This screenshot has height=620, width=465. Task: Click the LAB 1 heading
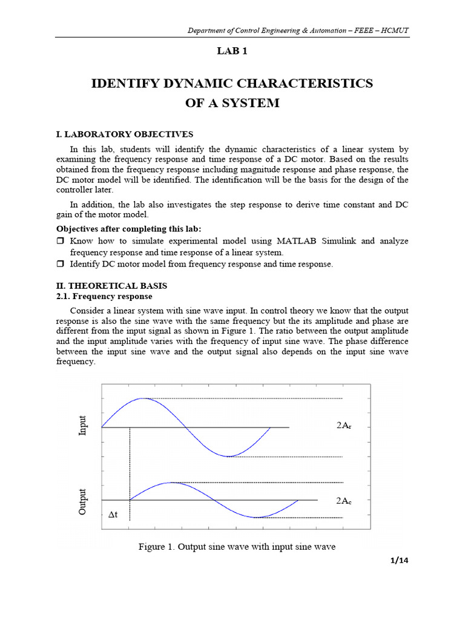pos(232,51)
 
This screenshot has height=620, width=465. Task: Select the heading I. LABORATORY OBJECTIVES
pos(125,134)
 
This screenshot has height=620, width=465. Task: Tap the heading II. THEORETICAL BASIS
pos(111,285)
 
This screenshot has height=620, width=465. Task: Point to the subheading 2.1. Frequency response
pos(104,297)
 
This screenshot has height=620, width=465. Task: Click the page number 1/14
pos(399,560)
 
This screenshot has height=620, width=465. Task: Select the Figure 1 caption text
pos(237,547)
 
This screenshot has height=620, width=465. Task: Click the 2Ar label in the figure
pos(343,426)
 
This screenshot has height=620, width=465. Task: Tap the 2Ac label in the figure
pos(343,501)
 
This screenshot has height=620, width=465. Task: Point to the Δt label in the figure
pos(113,515)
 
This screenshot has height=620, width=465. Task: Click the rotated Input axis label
pos(83,426)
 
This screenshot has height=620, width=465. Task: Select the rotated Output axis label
pos(83,501)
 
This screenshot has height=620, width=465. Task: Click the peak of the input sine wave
pos(143,398)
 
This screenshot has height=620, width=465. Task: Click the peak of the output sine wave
pos(172,483)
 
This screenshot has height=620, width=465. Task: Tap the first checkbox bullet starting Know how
pos(60,241)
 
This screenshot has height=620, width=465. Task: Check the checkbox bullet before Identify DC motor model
pos(60,264)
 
